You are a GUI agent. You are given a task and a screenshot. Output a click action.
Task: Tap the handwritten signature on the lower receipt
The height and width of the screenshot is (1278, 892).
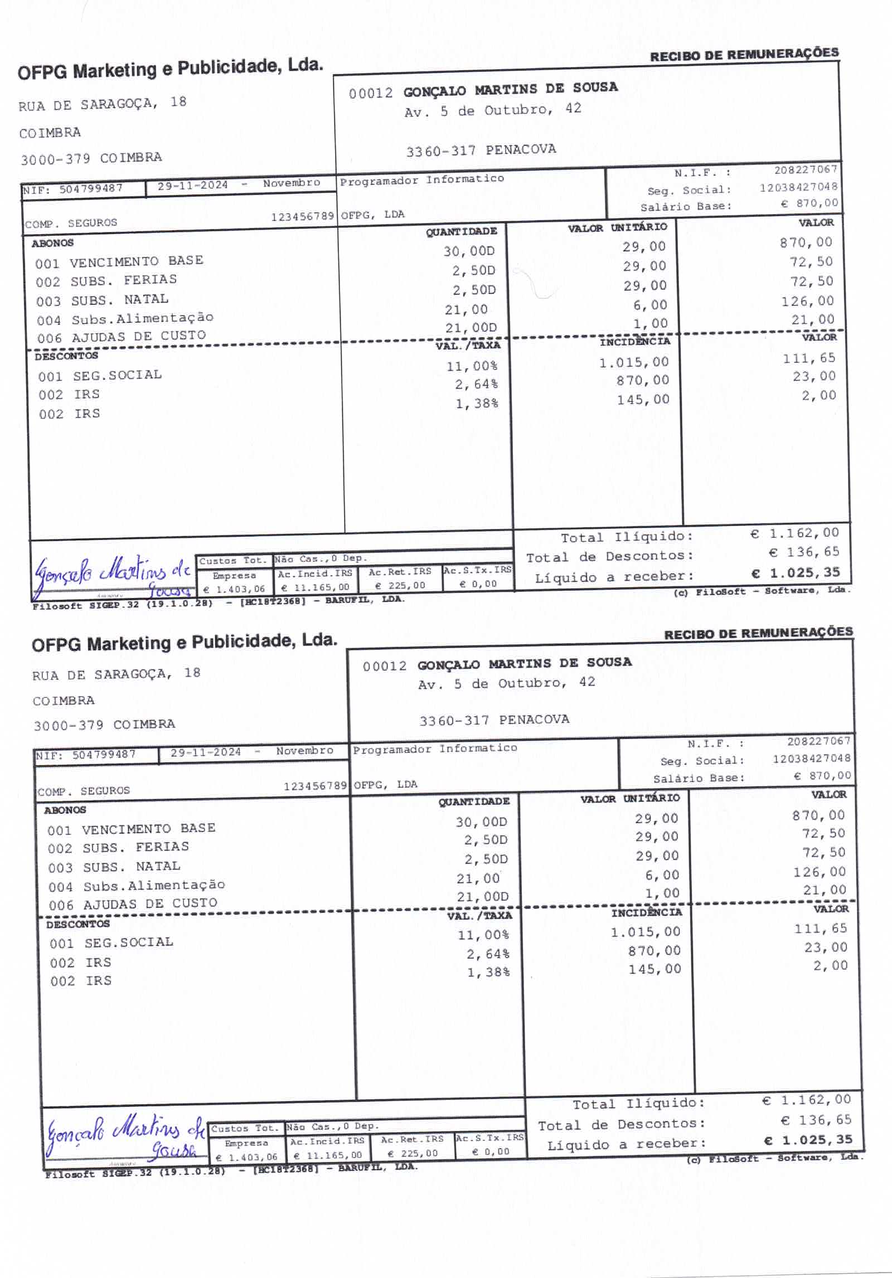[125, 1137]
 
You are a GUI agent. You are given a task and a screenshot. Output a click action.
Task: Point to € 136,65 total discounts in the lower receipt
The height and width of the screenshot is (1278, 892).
[816, 1120]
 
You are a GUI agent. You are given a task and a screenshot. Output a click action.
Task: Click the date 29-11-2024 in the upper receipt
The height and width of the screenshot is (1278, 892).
[192, 186]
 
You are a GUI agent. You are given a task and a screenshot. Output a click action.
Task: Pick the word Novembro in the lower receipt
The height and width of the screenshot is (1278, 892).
[304, 751]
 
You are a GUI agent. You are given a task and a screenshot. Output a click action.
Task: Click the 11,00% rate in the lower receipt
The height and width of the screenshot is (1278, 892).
[483, 935]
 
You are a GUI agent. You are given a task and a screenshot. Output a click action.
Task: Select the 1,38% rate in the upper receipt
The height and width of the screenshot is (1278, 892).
[476, 404]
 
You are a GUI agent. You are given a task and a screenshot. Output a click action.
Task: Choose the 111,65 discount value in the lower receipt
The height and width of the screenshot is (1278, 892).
[820, 929]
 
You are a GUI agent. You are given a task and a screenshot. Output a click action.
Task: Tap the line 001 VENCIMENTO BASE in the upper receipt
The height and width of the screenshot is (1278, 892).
[119, 261]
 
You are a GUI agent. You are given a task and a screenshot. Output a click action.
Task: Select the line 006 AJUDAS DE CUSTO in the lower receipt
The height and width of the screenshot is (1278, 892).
[133, 903]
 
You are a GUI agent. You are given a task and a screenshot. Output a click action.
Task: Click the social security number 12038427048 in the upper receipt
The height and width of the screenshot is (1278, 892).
[798, 187]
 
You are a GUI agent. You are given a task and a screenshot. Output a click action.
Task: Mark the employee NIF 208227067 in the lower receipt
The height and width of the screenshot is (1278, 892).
[818, 741]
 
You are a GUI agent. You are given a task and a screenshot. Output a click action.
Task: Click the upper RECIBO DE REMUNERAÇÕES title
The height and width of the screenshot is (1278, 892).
[744, 54]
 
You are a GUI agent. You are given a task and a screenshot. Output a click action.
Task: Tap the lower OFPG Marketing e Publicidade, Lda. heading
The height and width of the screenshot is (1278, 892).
[184, 642]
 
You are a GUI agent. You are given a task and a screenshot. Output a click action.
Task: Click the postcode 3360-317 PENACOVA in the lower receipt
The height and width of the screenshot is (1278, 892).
[494, 720]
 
